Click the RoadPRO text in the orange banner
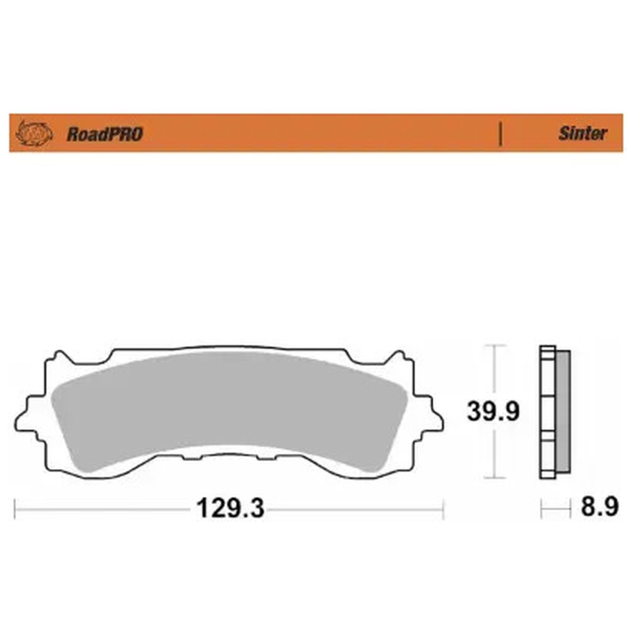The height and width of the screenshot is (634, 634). click(105, 134)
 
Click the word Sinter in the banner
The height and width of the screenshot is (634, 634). click(583, 134)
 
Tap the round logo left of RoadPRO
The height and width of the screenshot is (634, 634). click(34, 134)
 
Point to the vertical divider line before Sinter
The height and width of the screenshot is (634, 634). click(500, 134)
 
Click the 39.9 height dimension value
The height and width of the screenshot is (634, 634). click(493, 411)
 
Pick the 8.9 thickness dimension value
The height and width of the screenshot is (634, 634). click(599, 506)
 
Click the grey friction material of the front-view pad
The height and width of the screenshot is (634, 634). click(229, 410)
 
